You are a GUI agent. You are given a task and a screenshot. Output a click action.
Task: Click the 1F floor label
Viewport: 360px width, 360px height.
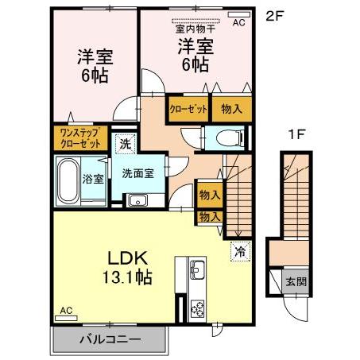coord(296,136)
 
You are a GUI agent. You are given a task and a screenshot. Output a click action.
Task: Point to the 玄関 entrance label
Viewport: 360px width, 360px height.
coord(294,280)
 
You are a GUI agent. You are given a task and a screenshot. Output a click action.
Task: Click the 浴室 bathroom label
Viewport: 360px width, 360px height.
coord(92,178)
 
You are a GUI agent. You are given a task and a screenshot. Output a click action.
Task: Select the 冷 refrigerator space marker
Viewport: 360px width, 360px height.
coord(238,251)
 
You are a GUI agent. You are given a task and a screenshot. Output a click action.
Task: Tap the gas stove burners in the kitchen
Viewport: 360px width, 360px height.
coord(197,305)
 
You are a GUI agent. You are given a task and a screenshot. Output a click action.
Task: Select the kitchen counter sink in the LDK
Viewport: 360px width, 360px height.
coord(197,268)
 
